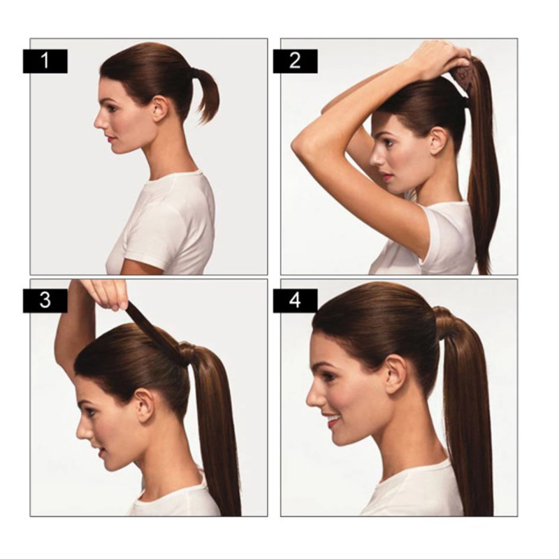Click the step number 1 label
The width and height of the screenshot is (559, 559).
[45, 61]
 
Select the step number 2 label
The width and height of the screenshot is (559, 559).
[295, 61]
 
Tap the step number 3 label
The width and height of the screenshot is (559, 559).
[45, 300]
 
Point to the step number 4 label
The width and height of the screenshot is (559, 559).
[295, 300]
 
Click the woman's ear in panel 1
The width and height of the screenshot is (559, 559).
[159, 108]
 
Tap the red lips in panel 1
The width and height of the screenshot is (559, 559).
[110, 138]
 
